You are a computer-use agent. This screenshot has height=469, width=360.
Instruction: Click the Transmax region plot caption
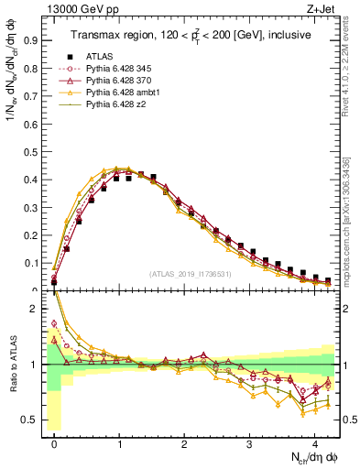pyautogui.click(x=190, y=35)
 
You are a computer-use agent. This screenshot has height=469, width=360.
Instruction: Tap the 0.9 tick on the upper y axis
pyautogui.click(x=31, y=40)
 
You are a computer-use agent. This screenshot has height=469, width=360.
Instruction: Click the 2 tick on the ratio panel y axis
pyautogui.click(x=36, y=309)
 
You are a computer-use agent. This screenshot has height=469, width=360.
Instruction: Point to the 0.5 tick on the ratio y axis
pyautogui.click(x=31, y=420)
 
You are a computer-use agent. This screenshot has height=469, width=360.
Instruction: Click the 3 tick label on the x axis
pyautogui.click(x=249, y=442)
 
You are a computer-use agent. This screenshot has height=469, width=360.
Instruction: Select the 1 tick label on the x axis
pyautogui.click(x=119, y=442)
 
